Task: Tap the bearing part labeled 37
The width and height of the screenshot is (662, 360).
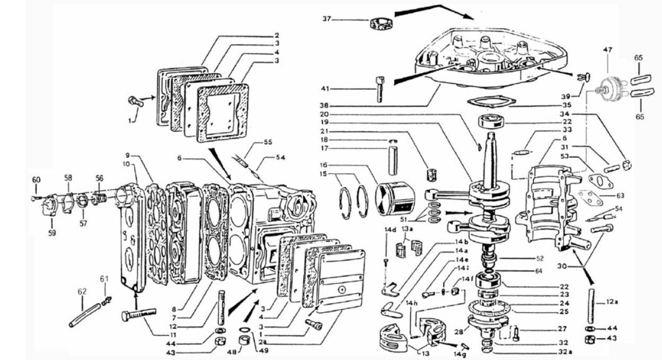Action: point(380,24)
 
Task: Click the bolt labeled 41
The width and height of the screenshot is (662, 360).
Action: point(381,89)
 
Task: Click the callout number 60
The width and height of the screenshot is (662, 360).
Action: point(36,180)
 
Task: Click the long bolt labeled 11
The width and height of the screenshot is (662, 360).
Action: point(139,315)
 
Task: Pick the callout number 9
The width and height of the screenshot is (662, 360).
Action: point(127,156)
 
